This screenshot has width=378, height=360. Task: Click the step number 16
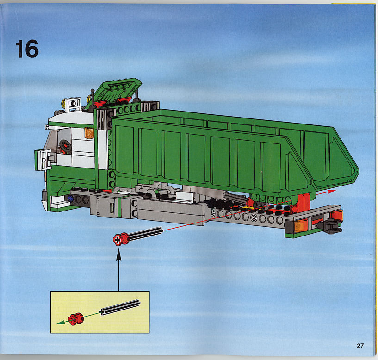pyautogui.click(x=27, y=49)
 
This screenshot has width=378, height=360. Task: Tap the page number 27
pyautogui.click(x=360, y=346)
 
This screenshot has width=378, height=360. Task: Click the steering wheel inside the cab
pyautogui.click(x=65, y=146)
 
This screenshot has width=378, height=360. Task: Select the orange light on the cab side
pyautogui.click(x=89, y=133)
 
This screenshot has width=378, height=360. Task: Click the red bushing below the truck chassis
pyautogui.click(x=121, y=239)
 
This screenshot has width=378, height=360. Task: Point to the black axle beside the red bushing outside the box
pyautogui.click(x=146, y=233)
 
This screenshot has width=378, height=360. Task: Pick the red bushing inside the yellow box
pyautogui.click(x=76, y=319)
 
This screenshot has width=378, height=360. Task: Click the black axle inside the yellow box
pyautogui.click(x=120, y=307)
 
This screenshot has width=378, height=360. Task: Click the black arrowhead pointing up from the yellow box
pyautogui.click(x=118, y=255)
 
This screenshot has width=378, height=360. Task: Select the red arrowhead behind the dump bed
pyautogui.click(x=332, y=191)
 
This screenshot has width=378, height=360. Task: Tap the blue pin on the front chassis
pyautogui.click(x=70, y=199)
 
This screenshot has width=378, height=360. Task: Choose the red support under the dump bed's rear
pyautogui.click(x=303, y=204)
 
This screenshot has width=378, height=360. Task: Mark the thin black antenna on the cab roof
pyautogui.click(x=92, y=100)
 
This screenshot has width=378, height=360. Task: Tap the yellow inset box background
pyautogui.click(x=100, y=312)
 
